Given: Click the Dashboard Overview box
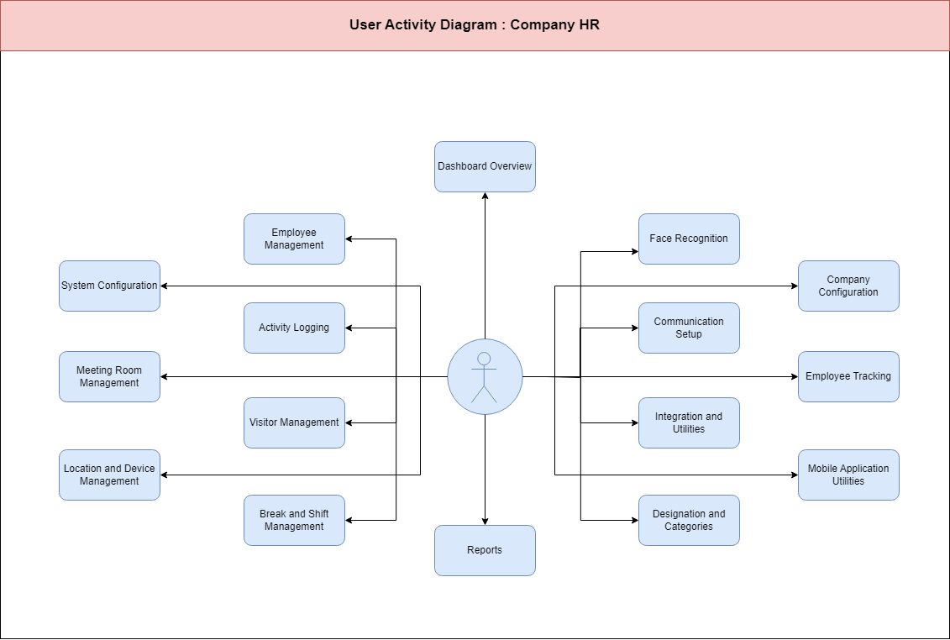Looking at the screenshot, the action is [485, 166].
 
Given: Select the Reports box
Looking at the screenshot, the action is [485, 550].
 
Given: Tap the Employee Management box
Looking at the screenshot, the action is [295, 239].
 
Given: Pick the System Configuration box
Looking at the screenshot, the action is [110, 286].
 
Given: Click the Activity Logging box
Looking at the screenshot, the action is [295, 328].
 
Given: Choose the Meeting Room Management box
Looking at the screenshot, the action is [110, 376].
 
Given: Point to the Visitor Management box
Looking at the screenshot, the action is [295, 423].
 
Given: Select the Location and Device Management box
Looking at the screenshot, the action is [110, 475].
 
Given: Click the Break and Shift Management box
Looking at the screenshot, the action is [295, 520].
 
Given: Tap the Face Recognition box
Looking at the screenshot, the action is [689, 239].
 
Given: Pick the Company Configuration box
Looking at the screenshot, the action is [848, 286].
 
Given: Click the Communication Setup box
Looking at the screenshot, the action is [689, 328].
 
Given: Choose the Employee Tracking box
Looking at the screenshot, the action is [848, 376].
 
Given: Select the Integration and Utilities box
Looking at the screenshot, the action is [689, 423].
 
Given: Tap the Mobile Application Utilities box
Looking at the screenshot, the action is [848, 475].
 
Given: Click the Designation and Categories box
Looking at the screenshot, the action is [689, 520].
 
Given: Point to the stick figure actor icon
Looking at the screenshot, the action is [484, 377].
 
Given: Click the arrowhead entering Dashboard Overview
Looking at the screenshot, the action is [485, 196].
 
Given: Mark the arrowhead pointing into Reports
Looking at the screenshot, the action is [485, 522].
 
